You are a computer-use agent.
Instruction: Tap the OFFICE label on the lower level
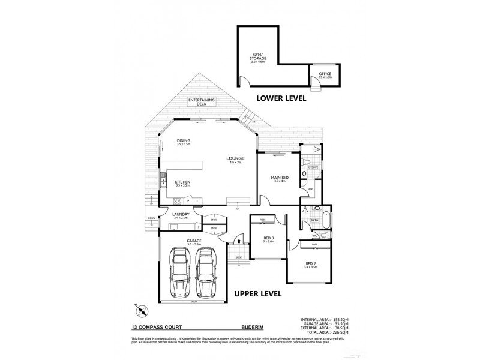(325, 75)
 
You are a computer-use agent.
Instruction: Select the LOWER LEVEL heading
(281, 98)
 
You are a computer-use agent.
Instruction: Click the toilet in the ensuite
(306, 163)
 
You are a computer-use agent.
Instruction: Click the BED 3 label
(268, 240)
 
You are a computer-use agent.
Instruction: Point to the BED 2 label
(310, 265)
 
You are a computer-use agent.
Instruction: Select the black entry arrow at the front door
(238, 240)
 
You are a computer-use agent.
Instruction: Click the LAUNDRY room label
(181, 215)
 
